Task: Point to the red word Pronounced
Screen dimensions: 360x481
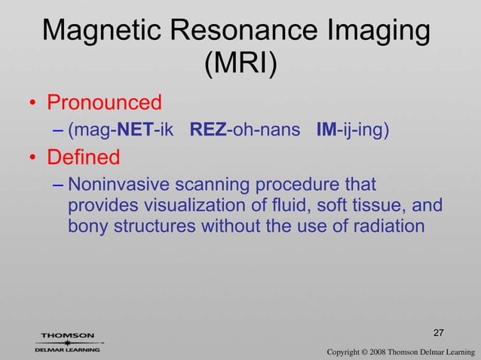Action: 105,102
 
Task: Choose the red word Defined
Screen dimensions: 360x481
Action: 84,158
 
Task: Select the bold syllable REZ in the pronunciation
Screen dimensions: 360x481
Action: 204,130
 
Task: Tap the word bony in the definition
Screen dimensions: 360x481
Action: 84,225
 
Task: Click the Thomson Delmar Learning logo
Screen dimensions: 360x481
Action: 68,342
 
